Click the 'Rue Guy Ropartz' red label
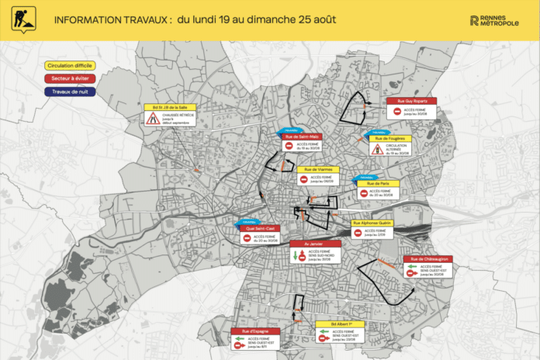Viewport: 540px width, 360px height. (x=411, y=101)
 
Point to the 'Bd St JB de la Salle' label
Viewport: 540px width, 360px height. (x=171, y=107)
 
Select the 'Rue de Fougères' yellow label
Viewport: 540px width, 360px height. (x=392, y=138)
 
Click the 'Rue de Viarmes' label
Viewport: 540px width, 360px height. (x=318, y=169)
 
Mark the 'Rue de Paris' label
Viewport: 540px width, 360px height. (x=378, y=183)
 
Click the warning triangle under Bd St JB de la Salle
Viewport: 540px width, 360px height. (x=154, y=119)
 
